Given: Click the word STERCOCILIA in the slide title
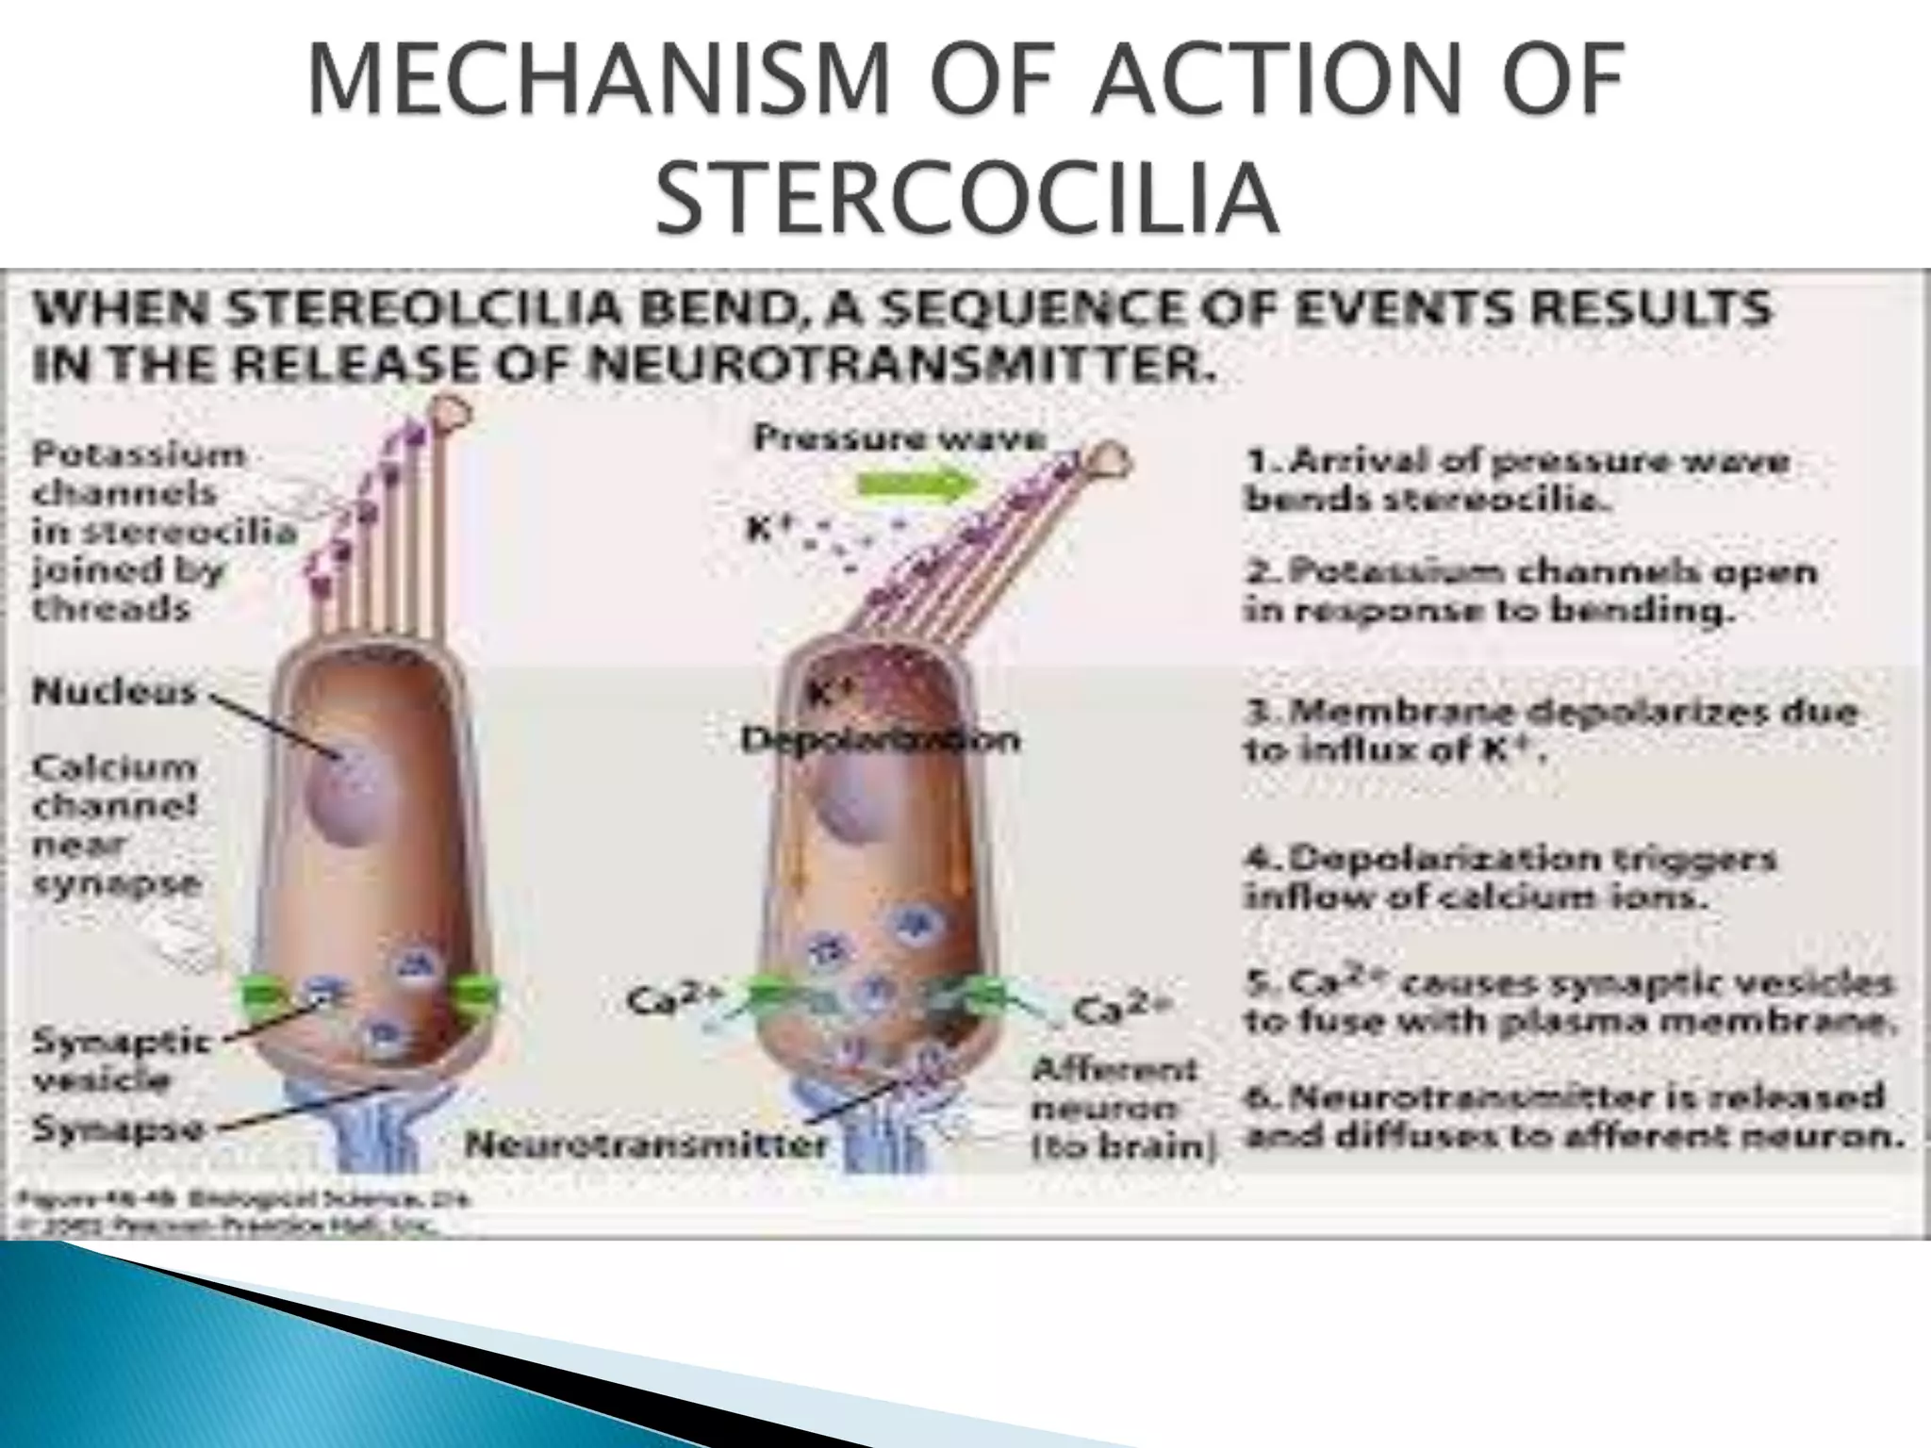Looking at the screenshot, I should (x=967, y=199).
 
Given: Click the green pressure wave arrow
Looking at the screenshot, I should (x=914, y=485).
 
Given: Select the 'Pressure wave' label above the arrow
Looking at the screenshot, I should (x=899, y=438).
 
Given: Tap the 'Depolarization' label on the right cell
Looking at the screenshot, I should (x=880, y=740).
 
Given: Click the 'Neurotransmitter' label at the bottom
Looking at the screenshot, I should (x=647, y=1145).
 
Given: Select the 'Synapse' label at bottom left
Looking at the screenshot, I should (x=119, y=1128).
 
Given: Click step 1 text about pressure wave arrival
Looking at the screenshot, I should (x=1517, y=480).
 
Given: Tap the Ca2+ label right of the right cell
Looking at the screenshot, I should (x=1121, y=1011).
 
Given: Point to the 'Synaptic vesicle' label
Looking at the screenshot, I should (x=119, y=1060).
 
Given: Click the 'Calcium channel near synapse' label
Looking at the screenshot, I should (x=116, y=825).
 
